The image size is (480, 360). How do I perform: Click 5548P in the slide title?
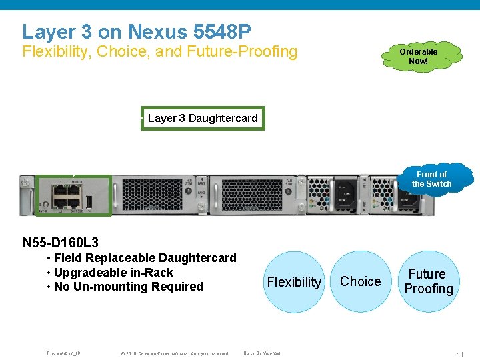(x=221, y=31)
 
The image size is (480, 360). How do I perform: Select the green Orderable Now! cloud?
(x=419, y=56)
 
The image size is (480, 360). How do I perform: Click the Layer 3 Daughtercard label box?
(x=203, y=119)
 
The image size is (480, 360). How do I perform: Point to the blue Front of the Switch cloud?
(x=432, y=179)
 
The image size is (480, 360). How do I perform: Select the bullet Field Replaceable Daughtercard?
(x=145, y=258)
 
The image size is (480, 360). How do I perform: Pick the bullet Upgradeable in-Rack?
(x=113, y=273)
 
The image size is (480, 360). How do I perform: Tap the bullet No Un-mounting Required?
(x=128, y=287)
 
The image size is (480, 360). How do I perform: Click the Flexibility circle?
(x=294, y=282)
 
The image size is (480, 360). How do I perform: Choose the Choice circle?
(x=361, y=281)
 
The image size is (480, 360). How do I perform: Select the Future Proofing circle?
(x=428, y=281)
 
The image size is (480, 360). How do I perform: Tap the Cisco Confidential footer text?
(x=262, y=353)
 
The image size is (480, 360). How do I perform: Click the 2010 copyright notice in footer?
(x=174, y=353)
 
